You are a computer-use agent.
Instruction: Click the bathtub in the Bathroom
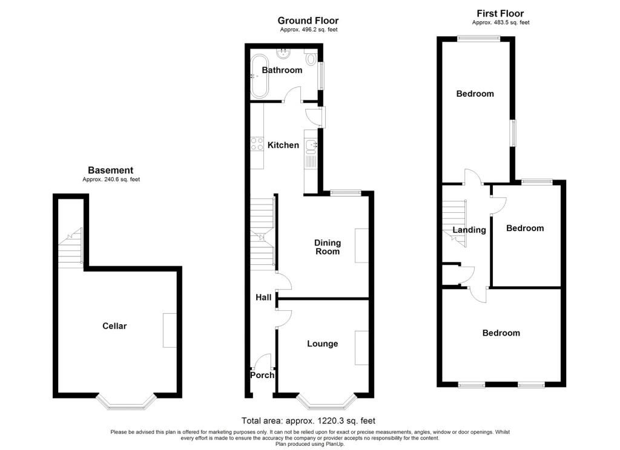[259, 76]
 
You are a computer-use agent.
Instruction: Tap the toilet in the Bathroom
[311, 59]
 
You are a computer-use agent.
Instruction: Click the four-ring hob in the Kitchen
[257, 144]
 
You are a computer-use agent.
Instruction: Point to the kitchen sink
[311, 146]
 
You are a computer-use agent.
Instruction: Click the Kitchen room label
[283, 145]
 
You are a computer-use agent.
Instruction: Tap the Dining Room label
[328, 247]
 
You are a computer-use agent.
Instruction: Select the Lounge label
[323, 344]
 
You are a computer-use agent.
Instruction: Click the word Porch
[262, 375]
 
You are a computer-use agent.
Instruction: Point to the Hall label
[263, 297]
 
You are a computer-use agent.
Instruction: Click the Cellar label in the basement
[114, 326]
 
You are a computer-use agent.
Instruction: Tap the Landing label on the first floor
[469, 230]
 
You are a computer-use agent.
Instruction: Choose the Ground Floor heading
[308, 21]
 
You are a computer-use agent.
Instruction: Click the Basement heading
[111, 171]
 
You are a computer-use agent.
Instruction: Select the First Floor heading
[500, 13]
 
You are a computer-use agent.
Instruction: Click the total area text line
[308, 421]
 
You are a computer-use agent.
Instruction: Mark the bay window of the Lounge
[326, 402]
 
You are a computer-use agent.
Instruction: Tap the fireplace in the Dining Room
[362, 246]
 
